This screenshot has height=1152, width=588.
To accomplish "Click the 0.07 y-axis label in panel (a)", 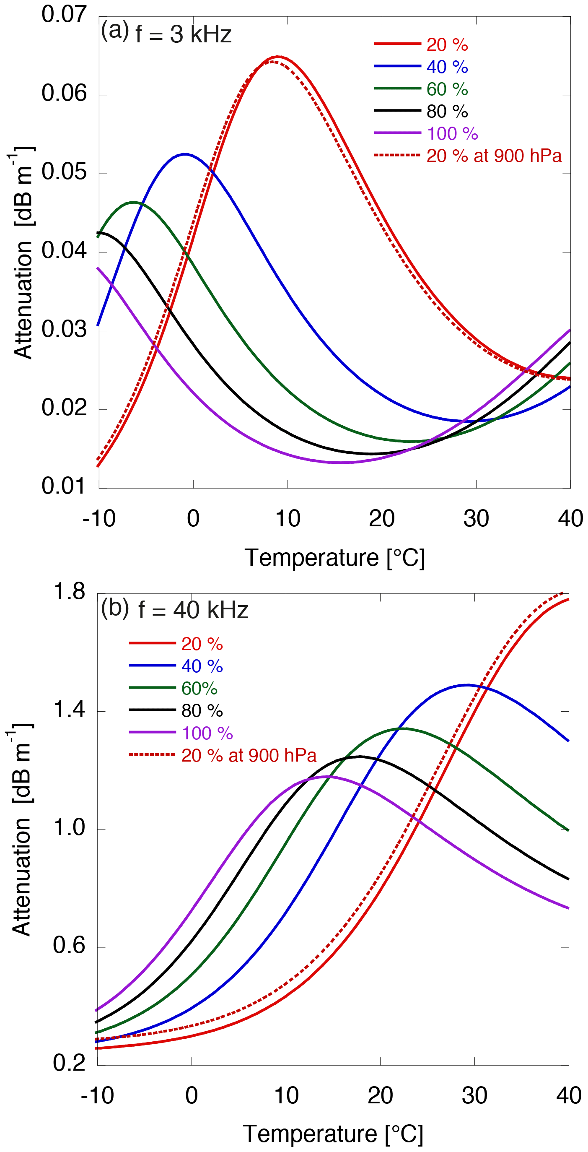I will (x=64, y=14).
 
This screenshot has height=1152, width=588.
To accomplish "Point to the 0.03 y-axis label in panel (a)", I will (x=64, y=330).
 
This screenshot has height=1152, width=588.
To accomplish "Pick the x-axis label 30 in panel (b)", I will (x=474, y=1096).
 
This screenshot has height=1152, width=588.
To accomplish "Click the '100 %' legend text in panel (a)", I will (x=452, y=134).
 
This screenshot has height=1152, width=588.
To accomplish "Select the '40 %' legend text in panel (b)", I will (x=202, y=666).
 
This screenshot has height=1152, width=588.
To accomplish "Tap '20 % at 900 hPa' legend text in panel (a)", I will (x=494, y=156).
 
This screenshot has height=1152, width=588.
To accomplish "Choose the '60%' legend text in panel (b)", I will (x=199, y=689).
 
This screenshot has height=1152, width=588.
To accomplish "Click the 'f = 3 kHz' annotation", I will (x=183, y=34).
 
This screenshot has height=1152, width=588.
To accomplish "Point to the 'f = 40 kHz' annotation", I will (x=193, y=610).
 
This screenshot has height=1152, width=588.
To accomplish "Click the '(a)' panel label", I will (x=115, y=31).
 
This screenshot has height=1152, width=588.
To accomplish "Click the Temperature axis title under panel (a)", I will (x=334, y=558).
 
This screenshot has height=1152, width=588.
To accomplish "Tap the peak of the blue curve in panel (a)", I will (x=185, y=154).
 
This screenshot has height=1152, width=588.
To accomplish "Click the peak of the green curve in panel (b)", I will (x=401, y=728).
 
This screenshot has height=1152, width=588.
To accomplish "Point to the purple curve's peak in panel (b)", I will (x=329, y=776).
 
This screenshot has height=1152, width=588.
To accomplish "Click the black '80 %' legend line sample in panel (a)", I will (x=397, y=111).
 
